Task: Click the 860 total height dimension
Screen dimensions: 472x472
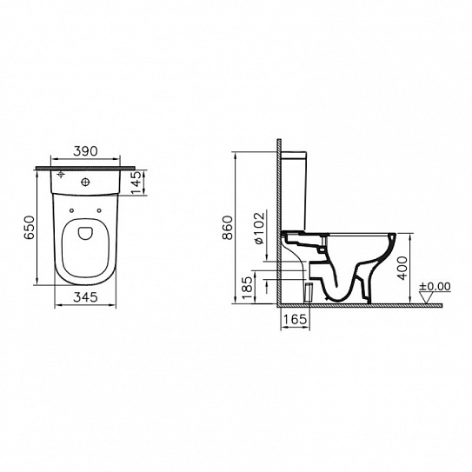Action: tap(228, 229)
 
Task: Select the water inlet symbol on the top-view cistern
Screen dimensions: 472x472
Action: tap(60, 178)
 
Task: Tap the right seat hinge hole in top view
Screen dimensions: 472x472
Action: tap(103, 210)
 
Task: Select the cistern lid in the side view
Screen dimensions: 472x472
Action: tap(298, 153)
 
